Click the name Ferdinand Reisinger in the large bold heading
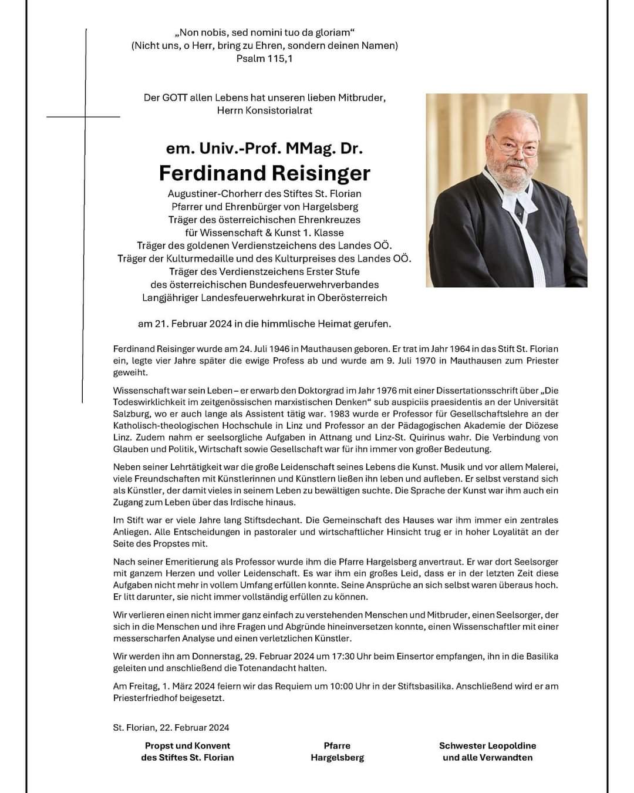coord(265,173)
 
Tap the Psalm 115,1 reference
coord(264,58)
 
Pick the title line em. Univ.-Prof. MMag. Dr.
coord(264,148)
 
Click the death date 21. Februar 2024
coord(193,323)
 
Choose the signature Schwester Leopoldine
coord(487,745)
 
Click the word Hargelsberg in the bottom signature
coord(337,758)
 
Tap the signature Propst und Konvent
coord(187,745)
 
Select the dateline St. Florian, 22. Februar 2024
coord(171,727)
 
